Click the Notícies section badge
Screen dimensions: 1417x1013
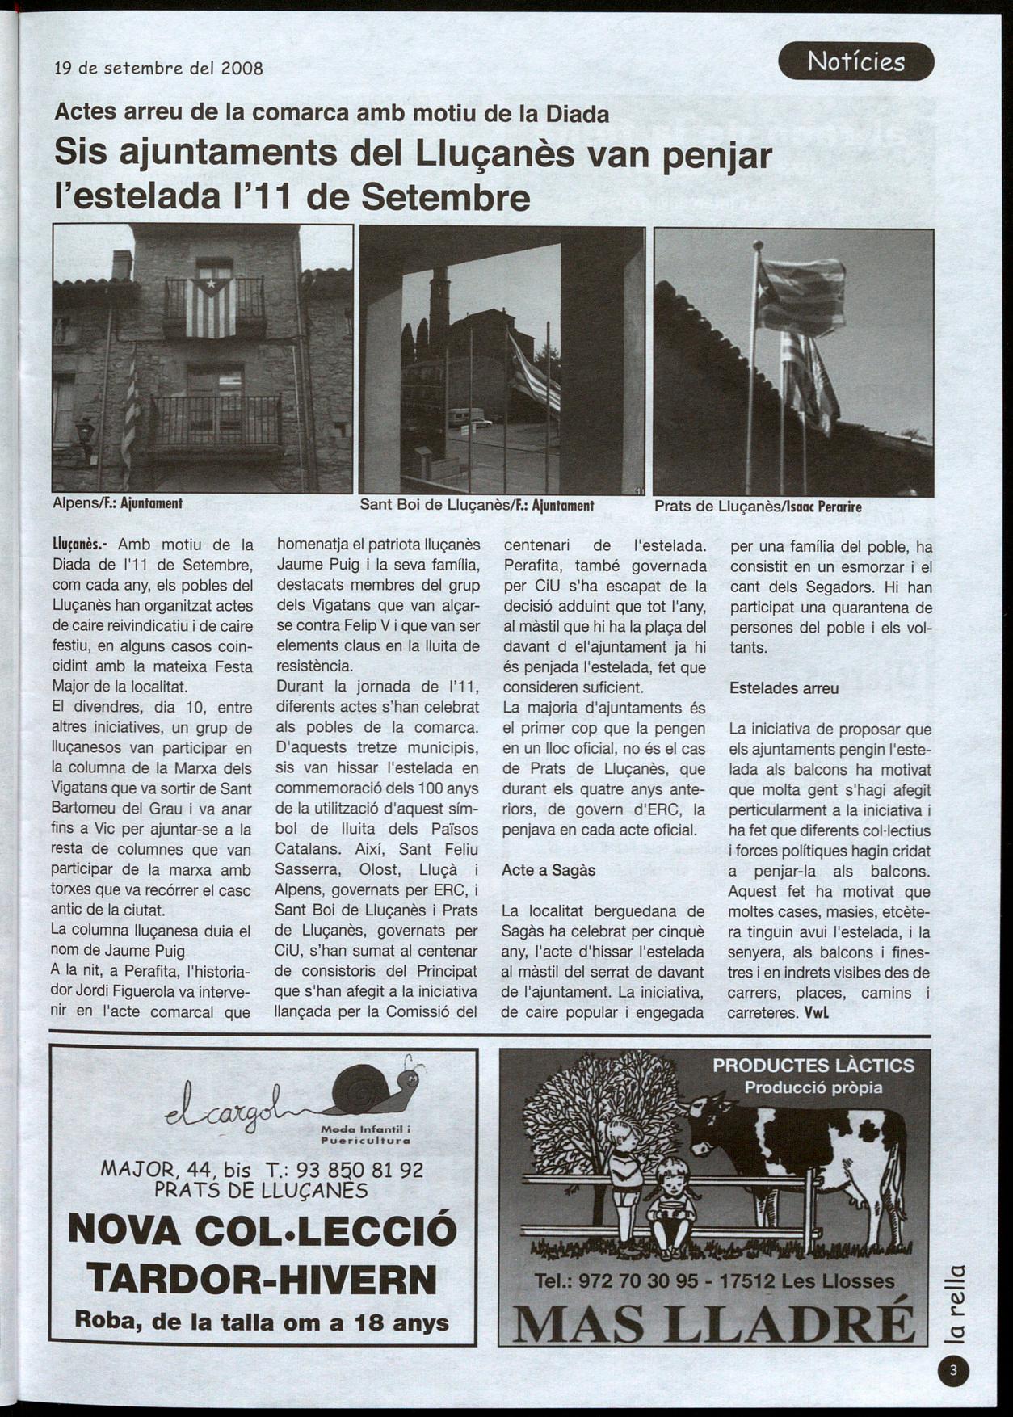[855, 61]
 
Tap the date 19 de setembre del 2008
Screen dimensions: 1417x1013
[158, 68]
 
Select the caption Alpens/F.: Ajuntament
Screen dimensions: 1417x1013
[117, 503]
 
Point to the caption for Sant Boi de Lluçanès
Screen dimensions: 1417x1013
[477, 506]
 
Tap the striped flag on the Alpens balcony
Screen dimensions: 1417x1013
[211, 306]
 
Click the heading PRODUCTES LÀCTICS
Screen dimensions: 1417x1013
[813, 1066]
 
